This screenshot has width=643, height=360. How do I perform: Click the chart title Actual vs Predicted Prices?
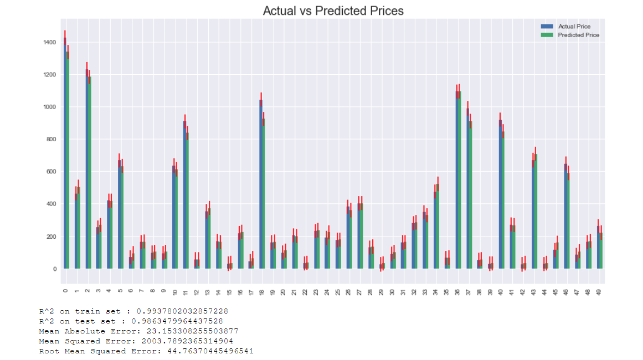tap(333, 11)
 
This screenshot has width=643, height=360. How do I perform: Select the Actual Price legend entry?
tap(574, 27)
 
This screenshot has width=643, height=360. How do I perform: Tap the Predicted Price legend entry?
tap(578, 35)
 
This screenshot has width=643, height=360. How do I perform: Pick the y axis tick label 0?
tap(54, 269)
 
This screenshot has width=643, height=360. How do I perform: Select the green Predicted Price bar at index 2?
tap(89, 177)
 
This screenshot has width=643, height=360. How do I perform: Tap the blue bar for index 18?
tap(261, 188)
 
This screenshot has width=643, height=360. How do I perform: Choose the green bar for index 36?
tap(459, 183)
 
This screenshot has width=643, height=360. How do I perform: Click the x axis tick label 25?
tap(338, 291)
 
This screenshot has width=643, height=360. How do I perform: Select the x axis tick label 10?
tap(175, 291)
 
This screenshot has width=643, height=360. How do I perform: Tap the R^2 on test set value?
tap(177, 321)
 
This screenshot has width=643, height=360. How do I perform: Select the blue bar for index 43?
tap(533, 216)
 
